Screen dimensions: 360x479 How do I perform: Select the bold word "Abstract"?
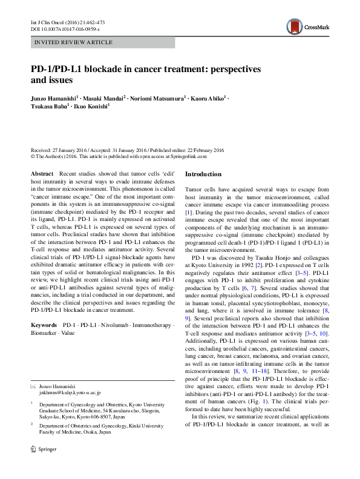coord(42,174)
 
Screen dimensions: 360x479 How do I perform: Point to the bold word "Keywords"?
coord(44,325)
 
